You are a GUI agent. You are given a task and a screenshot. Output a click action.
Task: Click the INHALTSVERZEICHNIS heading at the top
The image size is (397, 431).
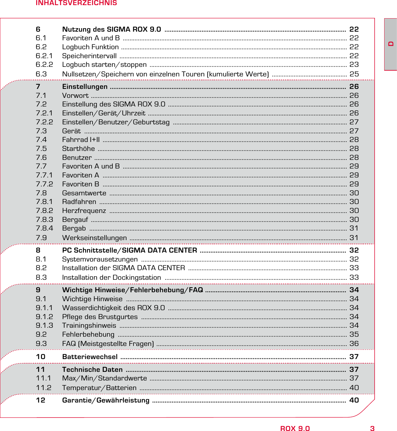pos(76,3)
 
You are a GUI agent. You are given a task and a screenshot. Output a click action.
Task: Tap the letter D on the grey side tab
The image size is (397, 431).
pos(391,44)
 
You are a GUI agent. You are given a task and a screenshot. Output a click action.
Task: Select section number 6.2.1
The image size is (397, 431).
pos(44,56)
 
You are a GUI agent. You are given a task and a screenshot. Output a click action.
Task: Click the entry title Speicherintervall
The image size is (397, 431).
pos(89,56)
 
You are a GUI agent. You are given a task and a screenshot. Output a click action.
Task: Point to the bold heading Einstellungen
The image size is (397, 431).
pos(85,87)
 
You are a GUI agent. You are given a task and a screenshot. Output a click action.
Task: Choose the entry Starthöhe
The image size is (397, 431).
pos(78,149)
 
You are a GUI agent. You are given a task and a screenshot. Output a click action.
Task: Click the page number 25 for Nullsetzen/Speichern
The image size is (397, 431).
pos(354,74)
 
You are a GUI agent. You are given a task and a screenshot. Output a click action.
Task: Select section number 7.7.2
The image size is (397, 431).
pos(45,184)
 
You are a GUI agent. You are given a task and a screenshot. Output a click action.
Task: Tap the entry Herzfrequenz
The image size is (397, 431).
pos(84,211)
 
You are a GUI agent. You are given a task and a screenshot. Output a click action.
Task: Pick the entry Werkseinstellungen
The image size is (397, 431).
pos(94,238)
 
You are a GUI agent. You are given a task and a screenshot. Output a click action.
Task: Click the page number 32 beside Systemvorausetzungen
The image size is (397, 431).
pos(354,259)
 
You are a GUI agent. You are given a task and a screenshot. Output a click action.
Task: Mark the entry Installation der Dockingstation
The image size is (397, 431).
pos(111,278)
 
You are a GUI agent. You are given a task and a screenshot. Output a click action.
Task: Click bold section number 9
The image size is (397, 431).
pos(38,290)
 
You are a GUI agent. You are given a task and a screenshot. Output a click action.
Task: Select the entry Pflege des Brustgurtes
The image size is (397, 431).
pos(100,317)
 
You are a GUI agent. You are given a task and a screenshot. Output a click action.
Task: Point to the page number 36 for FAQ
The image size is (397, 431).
pos(354,344)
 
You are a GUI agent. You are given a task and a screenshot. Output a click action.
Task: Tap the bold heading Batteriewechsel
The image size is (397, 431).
pos(90,357)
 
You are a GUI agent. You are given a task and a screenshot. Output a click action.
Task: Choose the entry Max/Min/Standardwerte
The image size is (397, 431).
pos(104,378)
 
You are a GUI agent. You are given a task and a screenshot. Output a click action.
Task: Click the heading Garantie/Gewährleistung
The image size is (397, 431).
pos(106,400)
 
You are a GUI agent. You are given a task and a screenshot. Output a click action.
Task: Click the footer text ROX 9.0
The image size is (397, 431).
pos(295,429)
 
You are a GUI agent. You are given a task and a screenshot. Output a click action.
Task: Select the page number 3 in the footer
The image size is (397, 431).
pos(372,429)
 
